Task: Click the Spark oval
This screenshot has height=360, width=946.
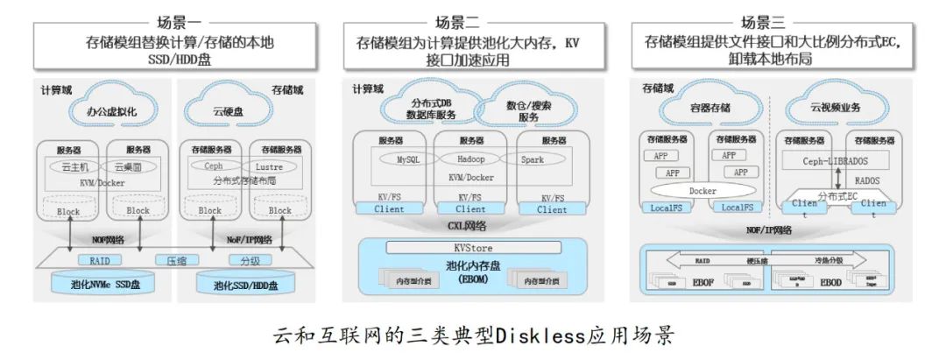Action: [533, 159]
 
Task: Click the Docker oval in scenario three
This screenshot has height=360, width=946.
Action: [702, 190]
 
